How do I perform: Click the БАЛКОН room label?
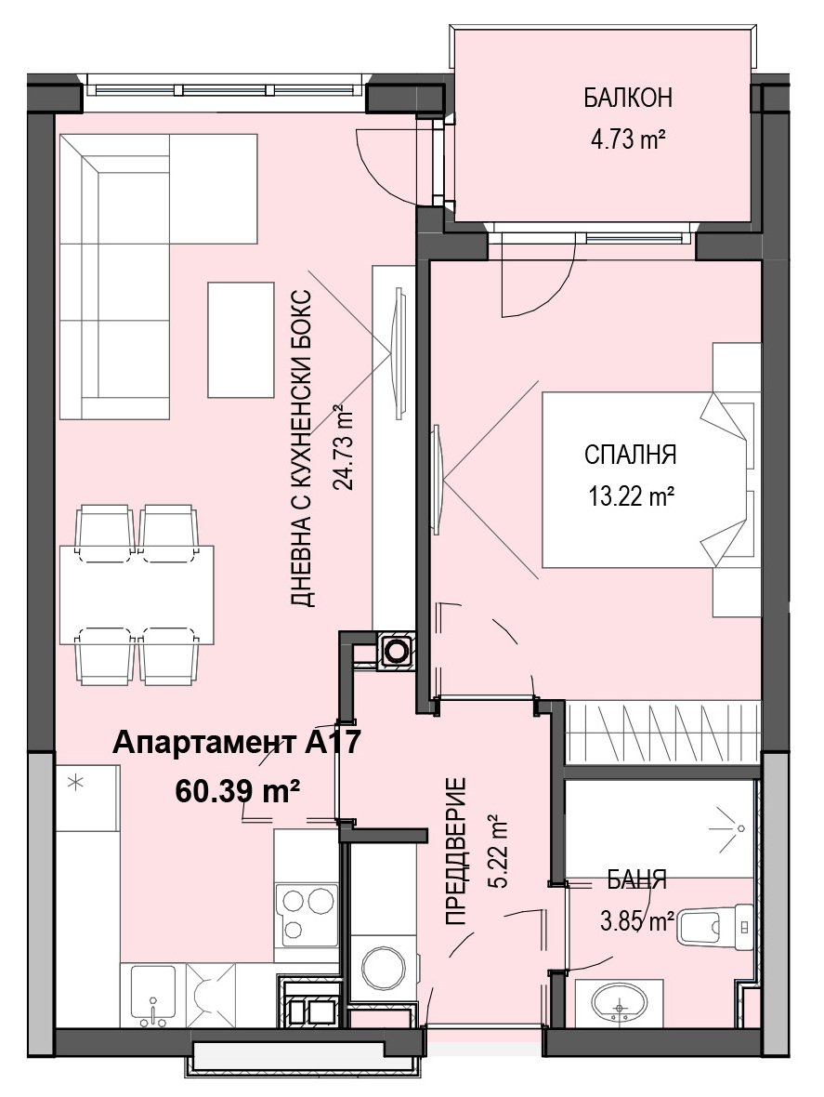[628, 98]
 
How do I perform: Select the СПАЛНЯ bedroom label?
[630, 455]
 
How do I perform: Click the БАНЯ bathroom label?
[636, 879]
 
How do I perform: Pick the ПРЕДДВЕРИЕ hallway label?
[456, 851]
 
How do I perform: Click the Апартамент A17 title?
[236, 742]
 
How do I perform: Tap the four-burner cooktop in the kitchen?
[307, 915]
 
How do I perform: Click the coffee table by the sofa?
[241, 340]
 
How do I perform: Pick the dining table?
[137, 594]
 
